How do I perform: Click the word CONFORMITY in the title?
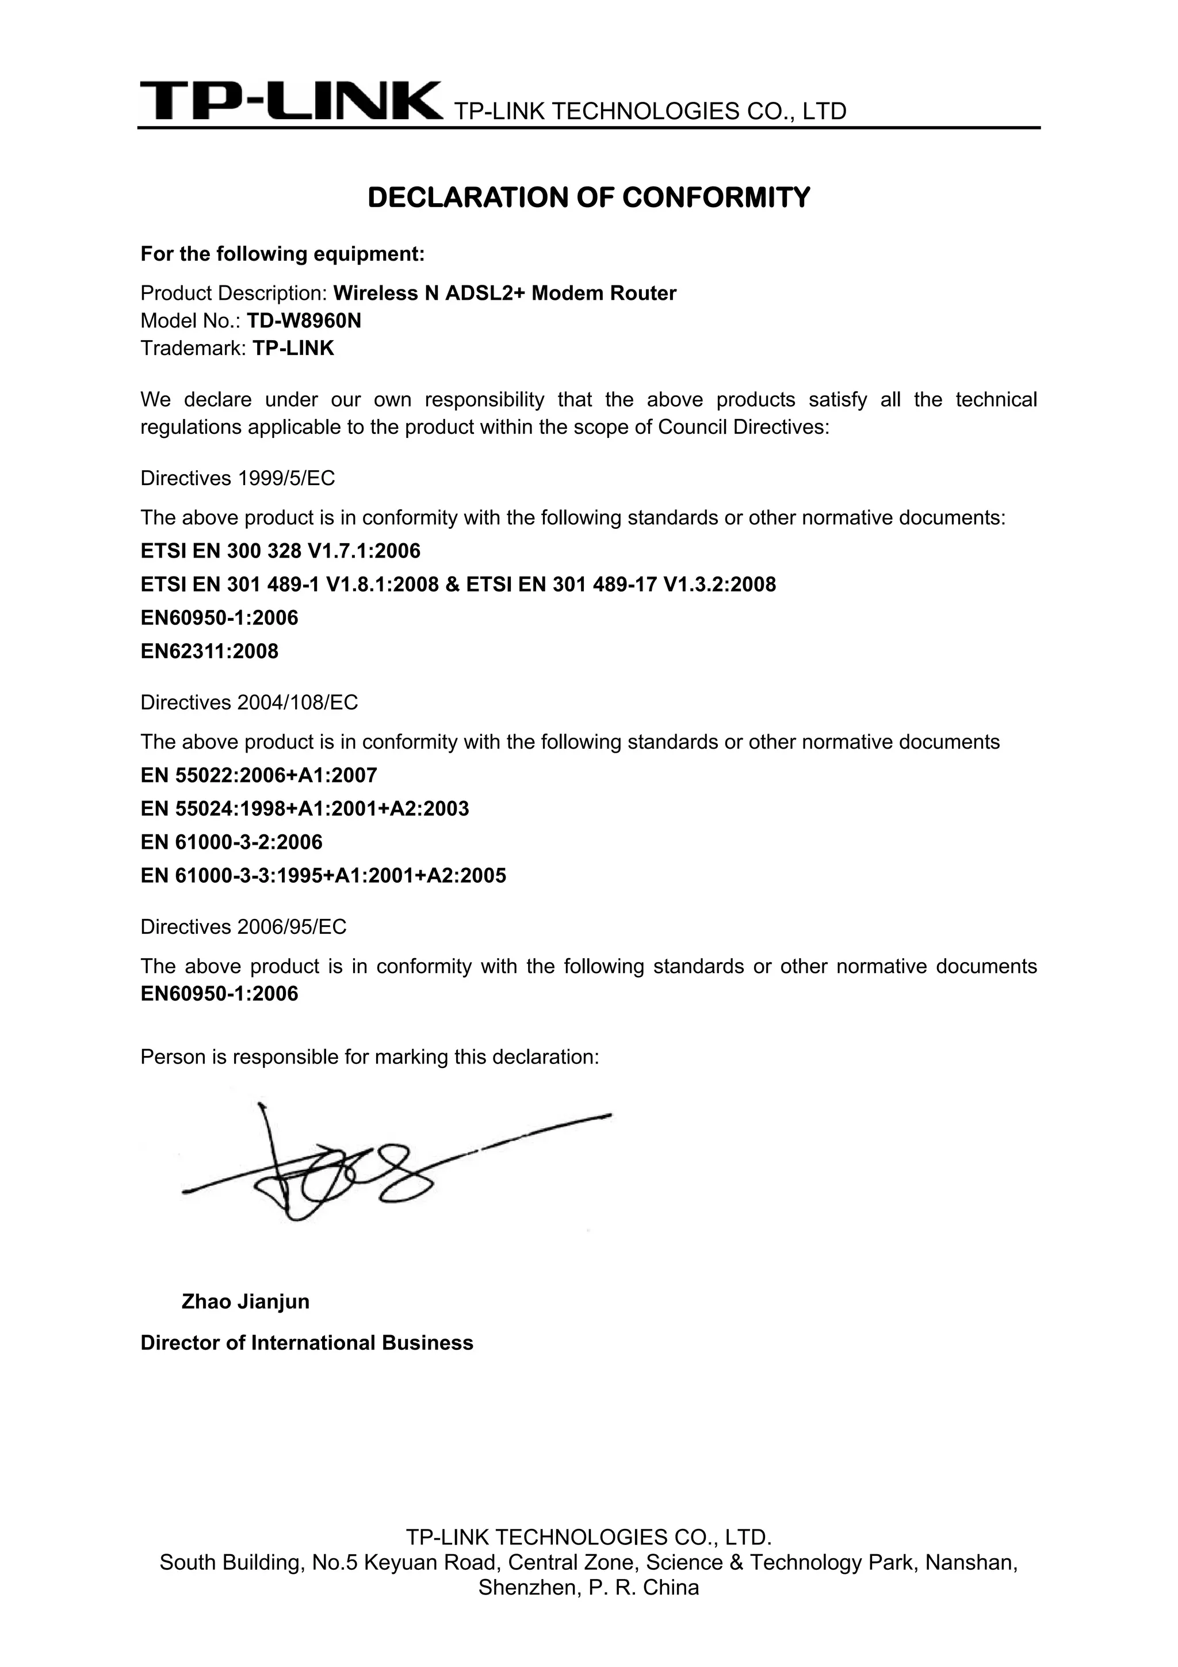(716, 197)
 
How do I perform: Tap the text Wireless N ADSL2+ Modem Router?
(504, 293)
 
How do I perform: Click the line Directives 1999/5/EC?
(238, 478)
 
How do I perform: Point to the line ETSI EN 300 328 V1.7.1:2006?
(280, 551)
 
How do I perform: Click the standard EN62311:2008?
(209, 651)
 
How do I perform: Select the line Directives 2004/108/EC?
(249, 703)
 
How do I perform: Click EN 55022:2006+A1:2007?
(258, 776)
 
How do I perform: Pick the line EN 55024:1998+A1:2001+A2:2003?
(305, 809)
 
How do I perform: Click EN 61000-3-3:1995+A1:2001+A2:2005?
(323, 876)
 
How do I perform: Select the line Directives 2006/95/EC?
(243, 927)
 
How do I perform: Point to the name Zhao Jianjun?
(246, 1301)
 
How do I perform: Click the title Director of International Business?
(307, 1342)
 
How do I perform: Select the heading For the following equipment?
(282, 254)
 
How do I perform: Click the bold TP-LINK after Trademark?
(293, 349)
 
